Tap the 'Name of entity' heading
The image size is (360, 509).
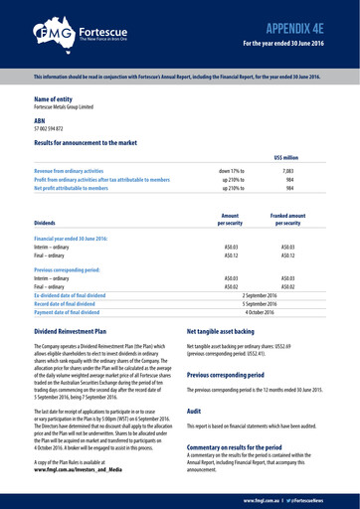[58, 100]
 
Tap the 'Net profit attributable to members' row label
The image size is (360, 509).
[78, 187]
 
